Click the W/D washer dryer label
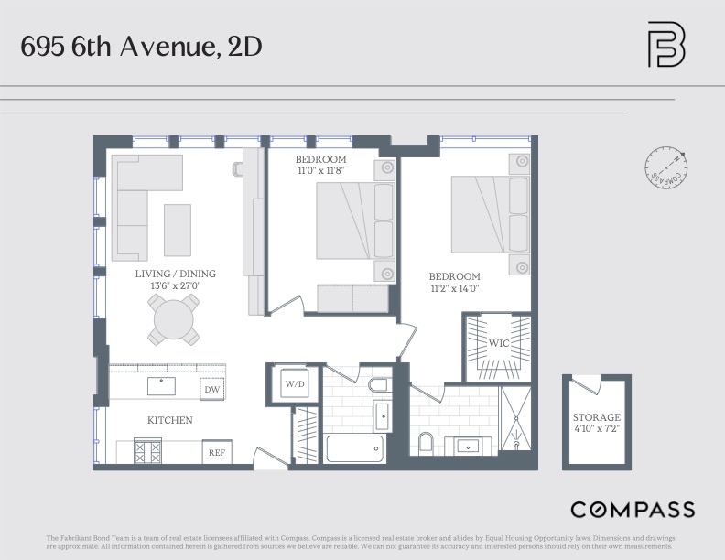tap(294, 383)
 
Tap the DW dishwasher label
tap(212, 390)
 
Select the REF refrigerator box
tap(217, 452)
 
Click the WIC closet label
tap(498, 344)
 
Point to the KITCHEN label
tap(170, 420)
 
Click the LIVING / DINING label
tap(176, 274)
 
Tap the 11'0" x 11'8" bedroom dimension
tap(321, 170)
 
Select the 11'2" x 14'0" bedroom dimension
tap(455, 288)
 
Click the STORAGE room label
tap(597, 417)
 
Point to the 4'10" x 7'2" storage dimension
tap(597, 428)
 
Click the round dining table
tap(174, 321)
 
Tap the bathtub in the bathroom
tap(355, 449)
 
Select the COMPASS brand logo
tap(633, 510)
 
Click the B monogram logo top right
tap(665, 45)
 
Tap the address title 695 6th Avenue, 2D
tap(142, 46)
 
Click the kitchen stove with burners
tap(147, 451)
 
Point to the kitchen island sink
tap(161, 385)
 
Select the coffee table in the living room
tap(177, 230)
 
